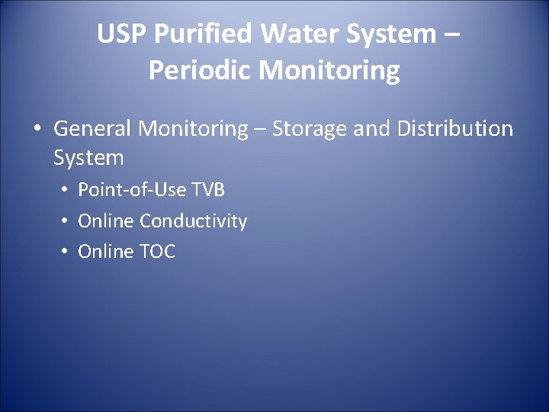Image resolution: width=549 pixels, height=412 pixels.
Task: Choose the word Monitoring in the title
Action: (329, 70)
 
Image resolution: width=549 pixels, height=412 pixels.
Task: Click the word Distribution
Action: (455, 129)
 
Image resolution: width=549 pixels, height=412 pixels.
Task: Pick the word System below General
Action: (88, 158)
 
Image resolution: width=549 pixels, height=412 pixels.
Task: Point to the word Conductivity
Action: (194, 221)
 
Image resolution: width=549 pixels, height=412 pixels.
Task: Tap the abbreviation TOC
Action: (158, 252)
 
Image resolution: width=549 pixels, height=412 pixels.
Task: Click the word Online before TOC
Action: (106, 252)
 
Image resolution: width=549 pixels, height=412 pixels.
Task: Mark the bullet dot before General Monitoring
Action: (37, 130)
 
